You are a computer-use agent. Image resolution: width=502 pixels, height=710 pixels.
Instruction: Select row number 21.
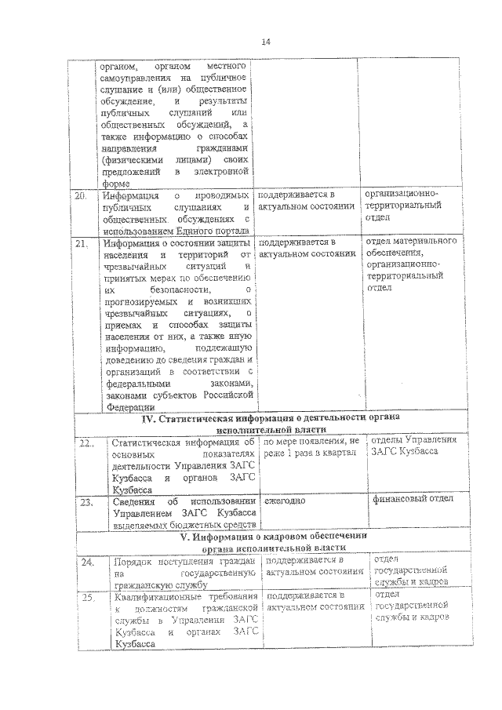tap(81, 244)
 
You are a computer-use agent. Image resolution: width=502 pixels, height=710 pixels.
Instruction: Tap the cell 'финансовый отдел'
tap(411, 499)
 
